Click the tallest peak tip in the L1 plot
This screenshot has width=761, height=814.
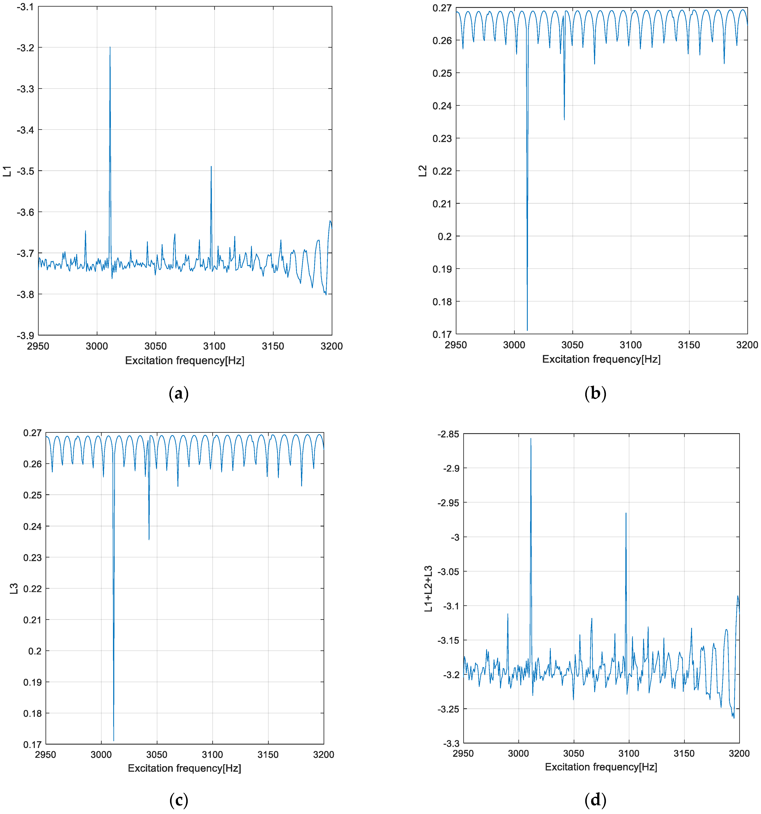110,47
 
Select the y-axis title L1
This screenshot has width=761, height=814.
7,171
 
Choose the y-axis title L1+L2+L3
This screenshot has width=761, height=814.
428,589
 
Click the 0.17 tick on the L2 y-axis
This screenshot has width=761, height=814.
442,334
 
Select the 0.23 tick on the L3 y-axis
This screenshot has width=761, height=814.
32,558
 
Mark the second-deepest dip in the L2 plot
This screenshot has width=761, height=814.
564,120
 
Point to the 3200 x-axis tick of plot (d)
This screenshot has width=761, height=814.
739,753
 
